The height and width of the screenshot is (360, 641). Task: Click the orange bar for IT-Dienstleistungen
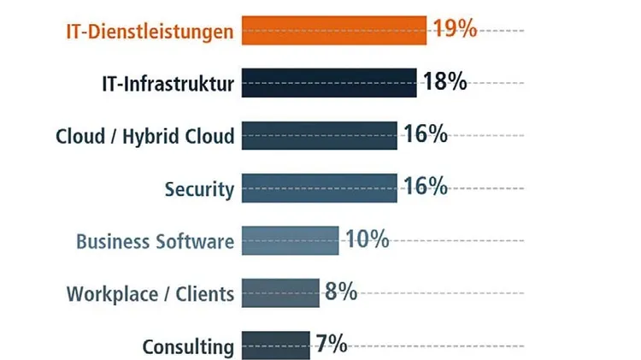333,30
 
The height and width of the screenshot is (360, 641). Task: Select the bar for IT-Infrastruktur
329,83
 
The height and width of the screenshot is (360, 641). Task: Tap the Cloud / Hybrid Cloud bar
319,136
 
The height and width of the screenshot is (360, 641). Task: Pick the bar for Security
319,188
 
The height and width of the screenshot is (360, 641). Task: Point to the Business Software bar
290,240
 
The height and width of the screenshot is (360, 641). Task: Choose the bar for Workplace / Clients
280,293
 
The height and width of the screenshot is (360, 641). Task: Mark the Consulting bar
275,345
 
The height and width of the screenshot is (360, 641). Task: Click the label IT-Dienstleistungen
150,32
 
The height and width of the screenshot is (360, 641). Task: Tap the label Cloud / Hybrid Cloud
144,137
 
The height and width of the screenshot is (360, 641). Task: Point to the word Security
199,189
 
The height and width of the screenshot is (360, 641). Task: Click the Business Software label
155,241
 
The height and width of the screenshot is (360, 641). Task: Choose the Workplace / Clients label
150,294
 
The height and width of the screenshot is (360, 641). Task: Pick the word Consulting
188,347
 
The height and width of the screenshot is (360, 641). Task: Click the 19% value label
454,28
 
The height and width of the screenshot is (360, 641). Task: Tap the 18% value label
444,81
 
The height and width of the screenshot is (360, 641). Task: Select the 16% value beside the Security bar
426,186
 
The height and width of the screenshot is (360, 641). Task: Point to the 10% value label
367,239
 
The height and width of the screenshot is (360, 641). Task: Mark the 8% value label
340,292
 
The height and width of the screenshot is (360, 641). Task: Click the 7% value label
331,344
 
